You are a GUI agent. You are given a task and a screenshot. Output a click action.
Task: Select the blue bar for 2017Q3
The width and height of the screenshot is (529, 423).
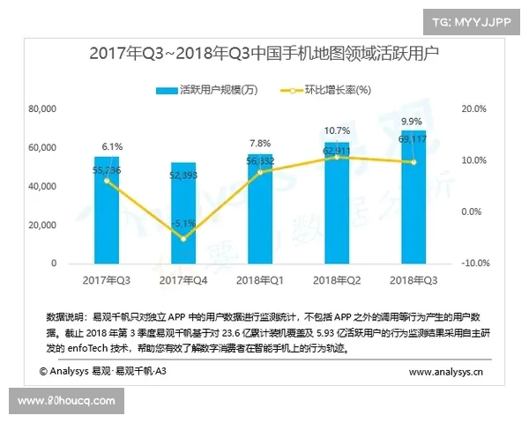coord(107,211)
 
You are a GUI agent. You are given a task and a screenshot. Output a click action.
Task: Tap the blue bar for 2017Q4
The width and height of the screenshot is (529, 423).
coord(183,214)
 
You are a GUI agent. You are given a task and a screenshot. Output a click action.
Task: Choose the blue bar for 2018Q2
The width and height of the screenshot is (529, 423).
coord(336,203)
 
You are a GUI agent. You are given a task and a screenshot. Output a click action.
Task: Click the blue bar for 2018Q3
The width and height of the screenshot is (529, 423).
coord(413,198)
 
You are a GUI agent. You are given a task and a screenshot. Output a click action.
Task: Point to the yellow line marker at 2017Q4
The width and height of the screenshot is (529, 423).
coord(183,238)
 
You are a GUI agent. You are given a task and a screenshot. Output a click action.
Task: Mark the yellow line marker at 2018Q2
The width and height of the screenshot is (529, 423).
coord(336,157)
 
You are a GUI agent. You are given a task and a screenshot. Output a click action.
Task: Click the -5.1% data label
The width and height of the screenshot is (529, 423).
coord(183,223)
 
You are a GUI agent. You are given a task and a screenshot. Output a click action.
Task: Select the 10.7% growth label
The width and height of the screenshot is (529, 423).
coord(336,130)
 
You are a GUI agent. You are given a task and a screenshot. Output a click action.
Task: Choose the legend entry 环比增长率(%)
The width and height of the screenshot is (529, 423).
coord(324,90)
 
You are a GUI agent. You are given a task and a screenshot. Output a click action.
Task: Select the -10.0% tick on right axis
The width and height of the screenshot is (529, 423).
coord(477,263)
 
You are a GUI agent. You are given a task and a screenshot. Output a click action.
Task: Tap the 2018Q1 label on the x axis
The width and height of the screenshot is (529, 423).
coord(260,280)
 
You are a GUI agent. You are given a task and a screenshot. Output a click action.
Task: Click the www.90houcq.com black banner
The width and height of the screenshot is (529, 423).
coord(66,401)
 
